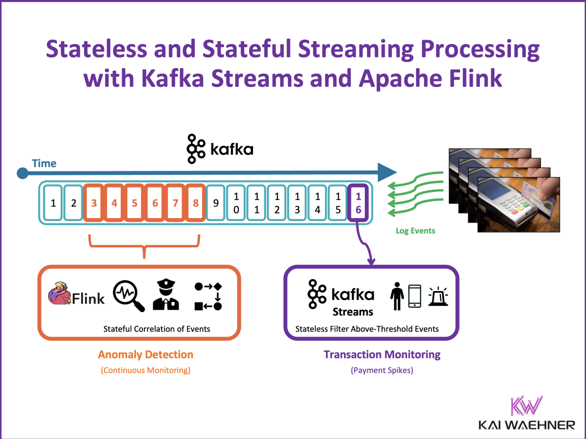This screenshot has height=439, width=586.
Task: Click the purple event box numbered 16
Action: pyautogui.click(x=358, y=203)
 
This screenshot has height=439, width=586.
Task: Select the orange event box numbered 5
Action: pyautogui.click(x=134, y=203)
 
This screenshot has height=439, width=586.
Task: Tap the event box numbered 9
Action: pyautogui.click(x=216, y=203)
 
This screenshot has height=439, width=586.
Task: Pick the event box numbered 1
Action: pyautogui.click(x=53, y=203)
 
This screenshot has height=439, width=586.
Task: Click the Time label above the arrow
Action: pyautogui.click(x=44, y=163)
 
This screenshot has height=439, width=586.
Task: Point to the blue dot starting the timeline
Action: pyautogui.click(x=23, y=173)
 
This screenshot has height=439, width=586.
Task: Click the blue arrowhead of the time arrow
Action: pyautogui.click(x=386, y=172)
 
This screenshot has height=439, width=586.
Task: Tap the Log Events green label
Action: pyautogui.click(x=415, y=231)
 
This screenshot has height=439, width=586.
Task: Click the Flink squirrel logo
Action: pyautogui.click(x=60, y=293)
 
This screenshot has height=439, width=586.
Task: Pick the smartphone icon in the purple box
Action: pyautogui.click(x=415, y=296)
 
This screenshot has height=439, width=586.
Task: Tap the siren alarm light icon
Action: pyautogui.click(x=438, y=296)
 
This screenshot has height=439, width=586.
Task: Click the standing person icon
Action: pyautogui.click(x=397, y=296)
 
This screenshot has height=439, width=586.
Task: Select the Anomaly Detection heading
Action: pyautogui.click(x=145, y=354)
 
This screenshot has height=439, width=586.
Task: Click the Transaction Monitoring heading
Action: pyautogui.click(x=382, y=354)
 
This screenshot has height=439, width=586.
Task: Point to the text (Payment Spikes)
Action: pyautogui.click(x=382, y=370)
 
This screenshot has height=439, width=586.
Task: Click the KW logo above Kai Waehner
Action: pyautogui.click(x=526, y=406)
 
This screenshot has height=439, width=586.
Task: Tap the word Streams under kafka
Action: pyautogui.click(x=353, y=312)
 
